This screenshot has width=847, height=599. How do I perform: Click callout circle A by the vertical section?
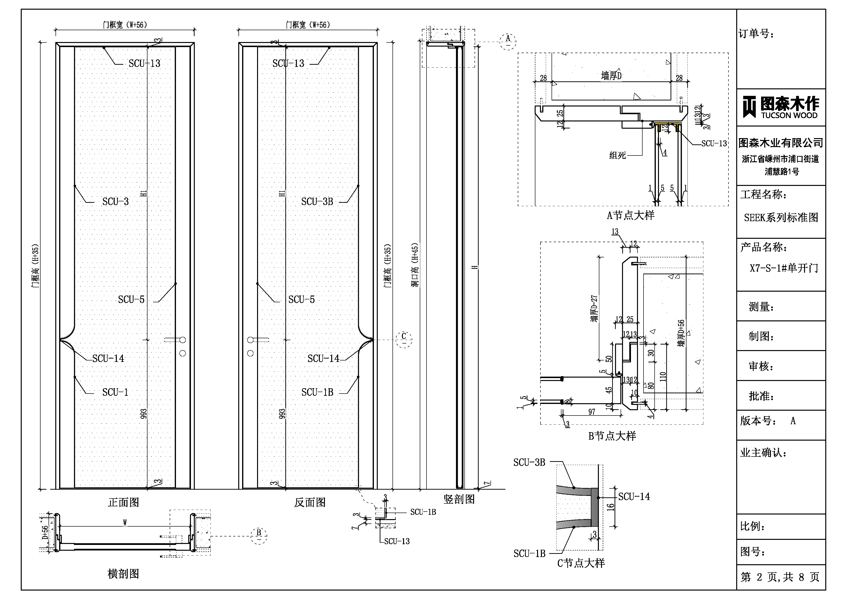coord(508,41)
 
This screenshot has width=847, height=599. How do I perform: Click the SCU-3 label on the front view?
coord(115,202)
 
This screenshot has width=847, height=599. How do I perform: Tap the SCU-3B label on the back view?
coord(317,202)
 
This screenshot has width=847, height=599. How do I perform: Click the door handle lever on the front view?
coord(173,339)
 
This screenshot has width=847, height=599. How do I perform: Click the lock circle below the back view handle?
coord(251,353)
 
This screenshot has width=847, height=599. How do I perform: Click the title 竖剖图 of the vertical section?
coord(459,499)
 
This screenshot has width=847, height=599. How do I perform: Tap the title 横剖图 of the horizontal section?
coord(123,574)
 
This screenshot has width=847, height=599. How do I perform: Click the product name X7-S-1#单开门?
coord(784,268)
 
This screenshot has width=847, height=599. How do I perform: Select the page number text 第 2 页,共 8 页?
coord(780,577)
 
